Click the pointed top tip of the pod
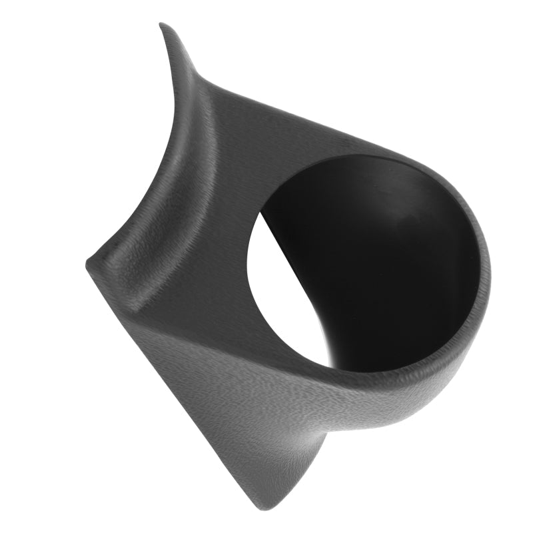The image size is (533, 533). [x=162, y=25]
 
